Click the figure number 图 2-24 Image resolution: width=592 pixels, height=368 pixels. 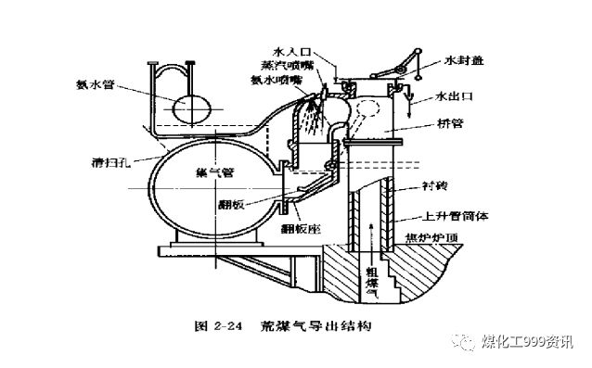216,326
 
